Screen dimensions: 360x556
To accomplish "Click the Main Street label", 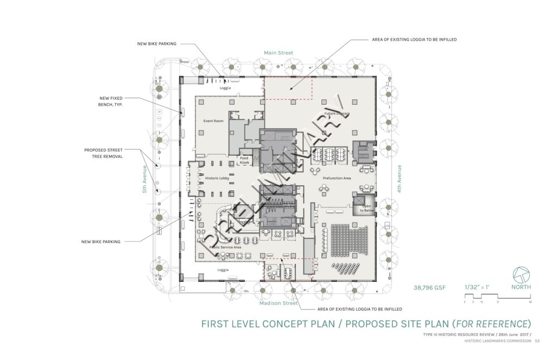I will (278, 53).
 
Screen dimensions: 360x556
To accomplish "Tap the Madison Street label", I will (278, 303).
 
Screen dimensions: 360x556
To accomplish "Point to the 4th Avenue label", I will (400, 179).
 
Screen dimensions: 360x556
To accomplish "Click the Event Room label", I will (213, 121).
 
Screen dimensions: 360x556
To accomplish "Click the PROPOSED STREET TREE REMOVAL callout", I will (103, 153).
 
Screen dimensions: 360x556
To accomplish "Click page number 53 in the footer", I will (537, 341).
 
